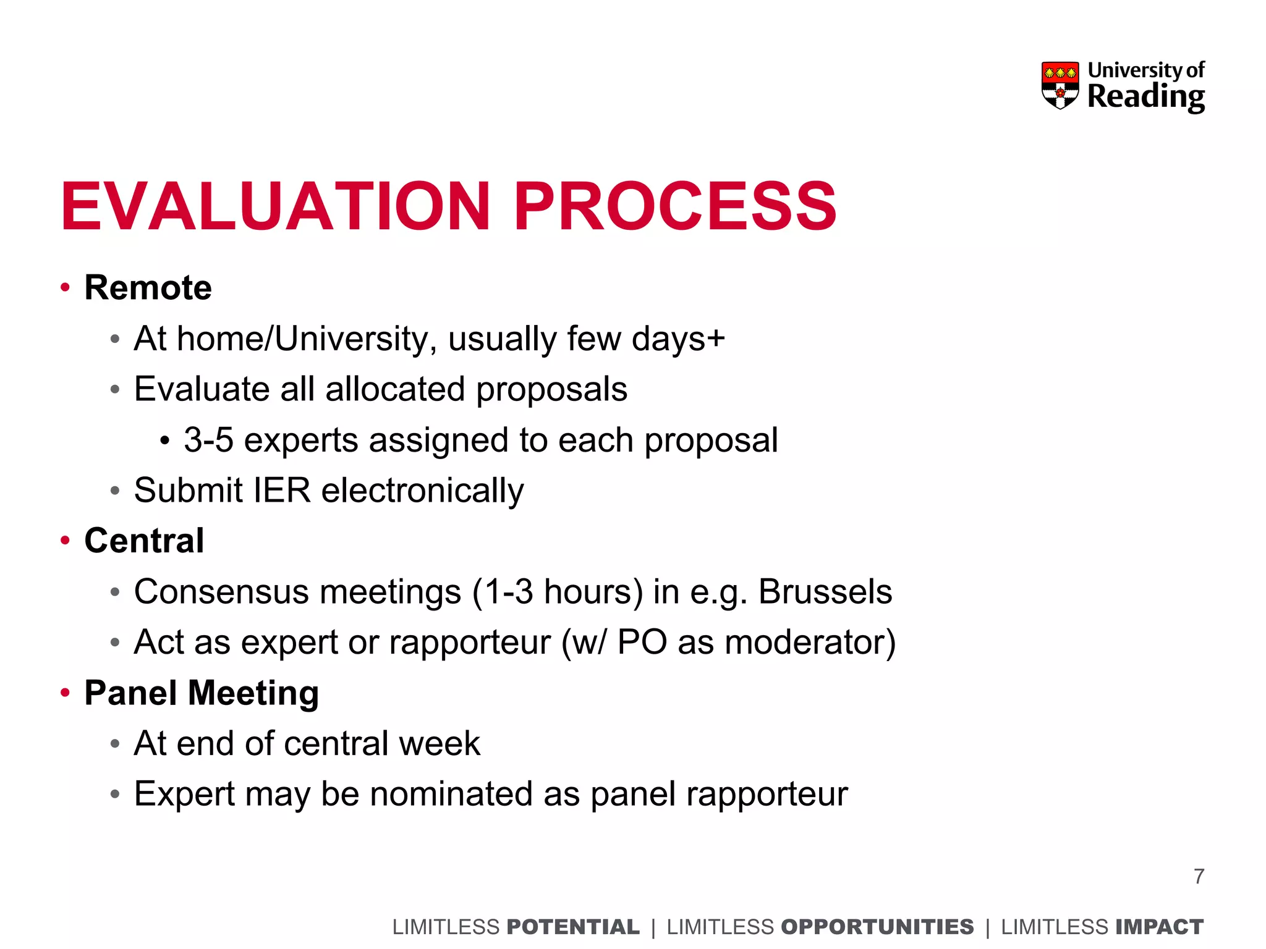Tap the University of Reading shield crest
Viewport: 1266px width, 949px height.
point(1060,85)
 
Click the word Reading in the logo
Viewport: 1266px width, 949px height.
point(1145,97)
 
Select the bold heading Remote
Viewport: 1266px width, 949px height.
point(148,288)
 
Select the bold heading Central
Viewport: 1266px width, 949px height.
point(144,541)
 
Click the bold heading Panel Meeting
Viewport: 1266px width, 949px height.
point(202,693)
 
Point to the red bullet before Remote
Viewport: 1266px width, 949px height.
point(65,287)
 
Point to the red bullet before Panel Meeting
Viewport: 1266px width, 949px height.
point(65,693)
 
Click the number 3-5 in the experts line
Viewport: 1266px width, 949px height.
point(208,440)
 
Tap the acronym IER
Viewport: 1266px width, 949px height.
point(282,491)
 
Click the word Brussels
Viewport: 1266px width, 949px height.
point(825,592)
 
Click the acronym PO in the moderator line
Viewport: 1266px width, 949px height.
point(642,643)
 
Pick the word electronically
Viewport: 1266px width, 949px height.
point(422,491)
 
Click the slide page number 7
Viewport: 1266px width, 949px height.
point(1199,876)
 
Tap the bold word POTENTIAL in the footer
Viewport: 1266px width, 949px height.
point(572,927)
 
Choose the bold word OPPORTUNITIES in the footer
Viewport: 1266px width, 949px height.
point(877,927)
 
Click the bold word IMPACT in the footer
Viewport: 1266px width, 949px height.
point(1159,927)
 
